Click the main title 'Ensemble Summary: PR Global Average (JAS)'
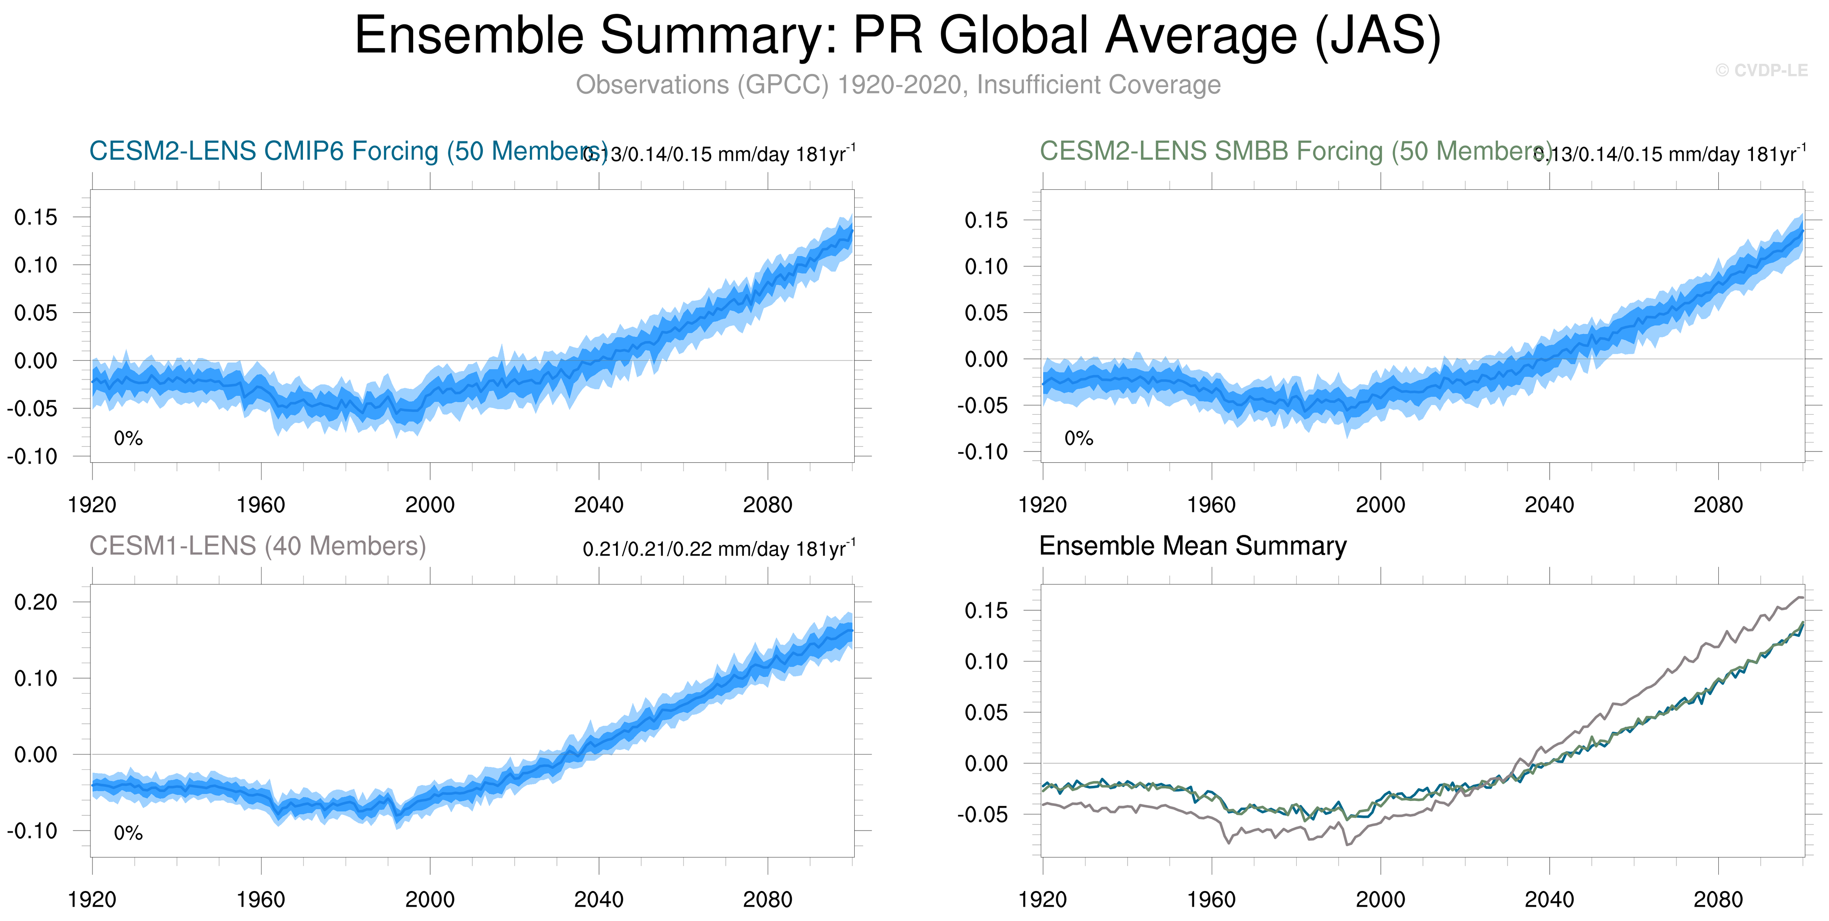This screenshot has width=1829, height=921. point(897,36)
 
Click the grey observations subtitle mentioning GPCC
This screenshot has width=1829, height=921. point(897,85)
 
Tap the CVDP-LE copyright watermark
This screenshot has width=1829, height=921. point(1761,70)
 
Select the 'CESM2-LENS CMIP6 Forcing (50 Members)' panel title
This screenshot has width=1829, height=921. point(348,151)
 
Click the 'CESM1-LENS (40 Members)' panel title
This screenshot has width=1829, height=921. point(257,546)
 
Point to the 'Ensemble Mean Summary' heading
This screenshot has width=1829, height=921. point(1192,546)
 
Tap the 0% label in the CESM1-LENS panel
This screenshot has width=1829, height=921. point(128,833)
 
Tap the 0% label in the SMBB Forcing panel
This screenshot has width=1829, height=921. point(1079,438)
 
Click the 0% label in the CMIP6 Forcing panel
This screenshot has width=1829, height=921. point(128,438)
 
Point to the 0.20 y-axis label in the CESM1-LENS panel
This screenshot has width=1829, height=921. point(35,602)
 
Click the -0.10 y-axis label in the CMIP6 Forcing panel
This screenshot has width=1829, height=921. point(33,456)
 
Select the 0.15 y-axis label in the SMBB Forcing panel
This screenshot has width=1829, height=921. point(986,220)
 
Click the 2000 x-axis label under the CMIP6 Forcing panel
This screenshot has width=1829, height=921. point(430,505)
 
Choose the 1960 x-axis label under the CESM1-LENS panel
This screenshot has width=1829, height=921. point(261,900)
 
